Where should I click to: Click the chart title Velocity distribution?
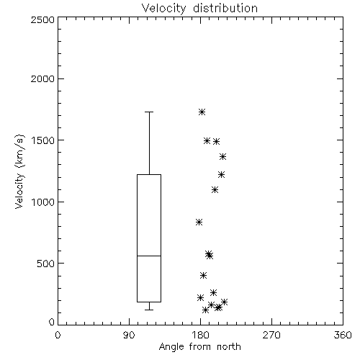199,9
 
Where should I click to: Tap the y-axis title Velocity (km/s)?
19,172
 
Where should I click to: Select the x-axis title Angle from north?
199,347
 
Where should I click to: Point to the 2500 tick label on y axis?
43,19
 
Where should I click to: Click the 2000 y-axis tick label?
43,78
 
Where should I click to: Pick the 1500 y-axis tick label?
43,140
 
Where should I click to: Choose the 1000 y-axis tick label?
43,202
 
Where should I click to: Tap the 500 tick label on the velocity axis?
46,264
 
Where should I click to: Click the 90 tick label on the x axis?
129,335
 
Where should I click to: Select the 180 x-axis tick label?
200,335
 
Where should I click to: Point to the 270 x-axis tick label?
271,335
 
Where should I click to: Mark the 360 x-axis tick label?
343,335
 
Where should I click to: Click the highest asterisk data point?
202,112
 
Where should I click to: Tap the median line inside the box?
149,256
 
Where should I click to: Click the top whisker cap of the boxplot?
149,112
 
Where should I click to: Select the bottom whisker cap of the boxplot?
149,310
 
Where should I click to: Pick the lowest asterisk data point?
205,310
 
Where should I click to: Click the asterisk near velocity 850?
199,222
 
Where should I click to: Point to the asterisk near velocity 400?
204,275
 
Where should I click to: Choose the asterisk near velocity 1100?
215,190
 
